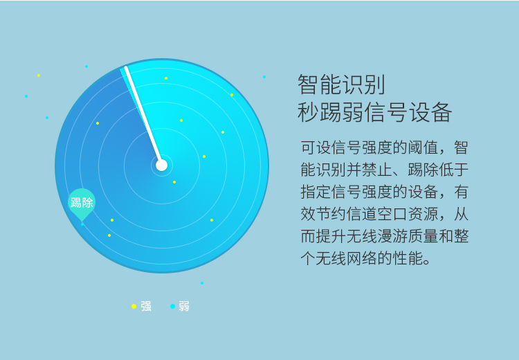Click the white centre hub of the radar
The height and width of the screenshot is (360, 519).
click(161, 165)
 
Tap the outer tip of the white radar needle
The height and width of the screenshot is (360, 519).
click(126, 68)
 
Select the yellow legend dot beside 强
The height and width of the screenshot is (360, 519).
click(134, 307)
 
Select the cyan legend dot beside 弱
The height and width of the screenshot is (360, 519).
click(172, 307)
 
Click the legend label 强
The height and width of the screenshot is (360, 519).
click(146, 307)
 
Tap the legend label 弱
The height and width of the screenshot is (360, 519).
click(184, 307)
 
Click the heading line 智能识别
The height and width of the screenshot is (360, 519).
click(342, 84)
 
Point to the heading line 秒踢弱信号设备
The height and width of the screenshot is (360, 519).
click(374, 112)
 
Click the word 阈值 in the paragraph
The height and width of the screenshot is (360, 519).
click(423, 147)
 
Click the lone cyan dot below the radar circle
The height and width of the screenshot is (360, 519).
click(202, 283)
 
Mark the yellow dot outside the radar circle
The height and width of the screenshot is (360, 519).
click(39, 75)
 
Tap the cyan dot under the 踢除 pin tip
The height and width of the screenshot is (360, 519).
click(82, 224)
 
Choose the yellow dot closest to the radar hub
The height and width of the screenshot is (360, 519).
click(174, 182)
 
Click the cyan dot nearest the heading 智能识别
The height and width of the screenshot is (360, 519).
click(264, 77)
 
